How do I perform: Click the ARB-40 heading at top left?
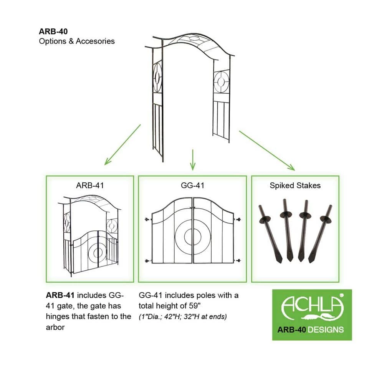coord(53,32)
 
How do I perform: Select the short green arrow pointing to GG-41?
coord(193,159)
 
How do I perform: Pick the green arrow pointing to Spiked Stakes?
coord(267,150)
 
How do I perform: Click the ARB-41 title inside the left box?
coord(90,185)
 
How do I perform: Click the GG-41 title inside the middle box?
coord(192,185)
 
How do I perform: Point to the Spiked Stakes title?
coord(295,185)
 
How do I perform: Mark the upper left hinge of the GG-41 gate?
coord(147,220)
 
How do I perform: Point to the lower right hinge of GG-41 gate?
coord(238,261)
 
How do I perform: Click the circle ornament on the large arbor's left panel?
coord(157,79)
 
